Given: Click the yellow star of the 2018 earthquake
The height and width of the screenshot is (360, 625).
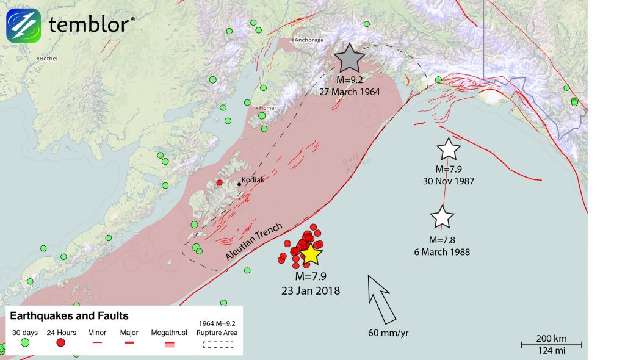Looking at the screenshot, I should [x=311, y=253].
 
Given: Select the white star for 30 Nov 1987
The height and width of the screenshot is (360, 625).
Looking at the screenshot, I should [x=449, y=149].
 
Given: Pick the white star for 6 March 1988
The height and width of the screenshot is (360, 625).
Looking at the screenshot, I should [x=442, y=217].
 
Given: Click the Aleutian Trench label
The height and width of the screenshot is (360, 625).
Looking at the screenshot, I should [x=255, y=242].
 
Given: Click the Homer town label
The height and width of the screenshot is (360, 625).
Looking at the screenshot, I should [x=267, y=108].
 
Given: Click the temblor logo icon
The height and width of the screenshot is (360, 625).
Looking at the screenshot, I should [x=23, y=25].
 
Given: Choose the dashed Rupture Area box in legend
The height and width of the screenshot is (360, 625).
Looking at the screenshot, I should [x=218, y=344].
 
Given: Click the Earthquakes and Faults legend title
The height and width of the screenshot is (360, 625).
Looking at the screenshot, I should [x=68, y=315].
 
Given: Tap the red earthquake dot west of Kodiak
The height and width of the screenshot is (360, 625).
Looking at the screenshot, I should [x=220, y=182].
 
